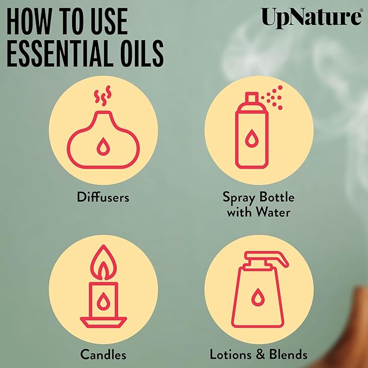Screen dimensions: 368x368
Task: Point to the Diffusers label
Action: click(x=104, y=197)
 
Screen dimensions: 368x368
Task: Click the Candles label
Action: click(x=104, y=355)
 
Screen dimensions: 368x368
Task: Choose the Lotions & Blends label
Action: click(x=259, y=355)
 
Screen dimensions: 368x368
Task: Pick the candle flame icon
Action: click(x=103, y=265)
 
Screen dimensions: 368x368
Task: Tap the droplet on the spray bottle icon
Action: click(x=251, y=140)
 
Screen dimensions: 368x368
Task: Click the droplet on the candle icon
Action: click(x=103, y=299)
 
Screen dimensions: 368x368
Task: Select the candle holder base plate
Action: click(x=103, y=320)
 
